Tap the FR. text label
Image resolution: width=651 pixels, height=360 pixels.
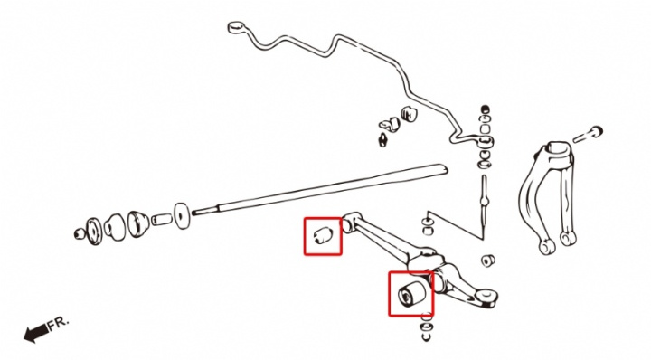tap(58, 324)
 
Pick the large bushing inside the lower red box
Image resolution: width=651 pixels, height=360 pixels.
tap(411, 293)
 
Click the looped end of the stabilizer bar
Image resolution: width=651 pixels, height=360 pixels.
tap(235, 27)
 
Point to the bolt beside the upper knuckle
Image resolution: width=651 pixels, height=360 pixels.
tap(588, 135)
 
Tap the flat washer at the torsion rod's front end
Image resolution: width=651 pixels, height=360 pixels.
tap(182, 215)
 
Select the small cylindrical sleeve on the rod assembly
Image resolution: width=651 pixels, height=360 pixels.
tap(161, 219)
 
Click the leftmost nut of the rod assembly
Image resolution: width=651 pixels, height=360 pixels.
tap(80, 234)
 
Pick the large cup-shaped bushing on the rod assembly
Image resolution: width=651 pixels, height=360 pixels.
tap(138, 223)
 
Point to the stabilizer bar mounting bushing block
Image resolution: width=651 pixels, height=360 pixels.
tap(409, 114)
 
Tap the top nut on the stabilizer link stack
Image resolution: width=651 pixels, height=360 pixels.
tap(485, 109)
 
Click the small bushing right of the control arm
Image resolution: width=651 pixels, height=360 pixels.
tap(488, 261)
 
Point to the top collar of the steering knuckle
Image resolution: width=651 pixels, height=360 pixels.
tap(560, 148)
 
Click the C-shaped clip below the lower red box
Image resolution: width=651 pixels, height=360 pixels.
tap(427, 336)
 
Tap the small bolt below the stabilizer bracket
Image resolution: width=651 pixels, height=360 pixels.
tap(382, 139)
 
